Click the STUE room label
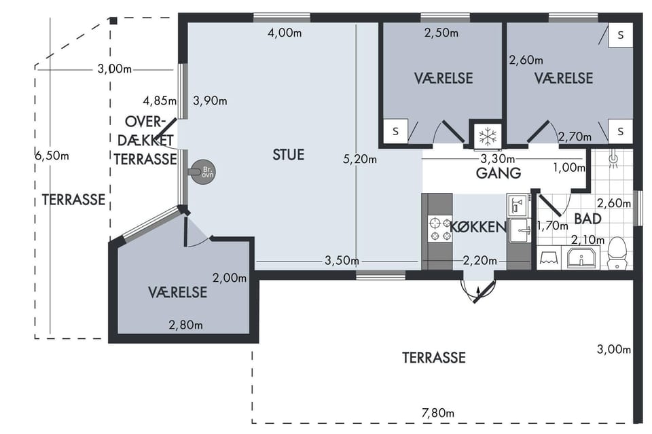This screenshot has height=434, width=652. (x=289, y=155)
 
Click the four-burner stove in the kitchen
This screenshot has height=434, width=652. (x=440, y=229)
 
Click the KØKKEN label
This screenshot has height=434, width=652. (x=478, y=227)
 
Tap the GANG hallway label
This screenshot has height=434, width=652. (x=498, y=173)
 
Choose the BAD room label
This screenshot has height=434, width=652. (x=587, y=219)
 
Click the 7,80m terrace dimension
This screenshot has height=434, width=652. (x=438, y=413)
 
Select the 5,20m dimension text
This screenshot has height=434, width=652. (x=360, y=159)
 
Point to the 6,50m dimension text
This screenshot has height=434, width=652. (x=52, y=156)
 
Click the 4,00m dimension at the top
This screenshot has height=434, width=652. (x=285, y=33)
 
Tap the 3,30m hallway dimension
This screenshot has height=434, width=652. (x=498, y=159)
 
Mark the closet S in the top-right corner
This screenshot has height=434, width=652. (x=620, y=35)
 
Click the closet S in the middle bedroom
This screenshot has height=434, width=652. (x=395, y=131)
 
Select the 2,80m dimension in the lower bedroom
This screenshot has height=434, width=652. (x=186, y=325)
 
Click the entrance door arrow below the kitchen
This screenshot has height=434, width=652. (x=478, y=294)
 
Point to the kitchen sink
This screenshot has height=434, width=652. (x=520, y=230)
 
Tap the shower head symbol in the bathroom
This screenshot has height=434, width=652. (x=613, y=160)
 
